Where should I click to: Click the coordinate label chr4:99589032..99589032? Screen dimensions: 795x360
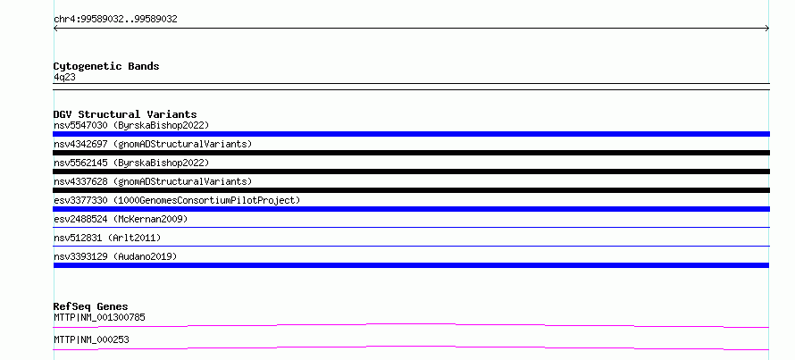(x=115, y=20)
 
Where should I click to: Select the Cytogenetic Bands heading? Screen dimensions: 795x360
(x=106, y=66)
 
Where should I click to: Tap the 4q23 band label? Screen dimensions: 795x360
(x=65, y=78)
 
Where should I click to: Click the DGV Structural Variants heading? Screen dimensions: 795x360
(x=125, y=114)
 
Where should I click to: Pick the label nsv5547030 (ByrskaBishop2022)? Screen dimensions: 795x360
(x=131, y=125)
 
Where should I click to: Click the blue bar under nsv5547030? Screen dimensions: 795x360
(x=411, y=134)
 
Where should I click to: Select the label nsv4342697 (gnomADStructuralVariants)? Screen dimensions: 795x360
(x=153, y=144)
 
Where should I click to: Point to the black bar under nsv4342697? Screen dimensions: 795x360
(x=411, y=153)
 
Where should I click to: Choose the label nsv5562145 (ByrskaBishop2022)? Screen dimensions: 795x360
(x=131, y=163)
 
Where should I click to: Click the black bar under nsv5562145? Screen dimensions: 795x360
(x=411, y=172)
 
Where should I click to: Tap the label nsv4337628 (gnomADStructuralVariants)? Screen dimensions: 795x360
(x=153, y=181)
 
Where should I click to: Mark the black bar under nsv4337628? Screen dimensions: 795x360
(x=411, y=190)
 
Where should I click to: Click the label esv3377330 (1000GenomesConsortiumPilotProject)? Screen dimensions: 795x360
(x=177, y=200)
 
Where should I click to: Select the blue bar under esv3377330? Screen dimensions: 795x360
(x=411, y=209)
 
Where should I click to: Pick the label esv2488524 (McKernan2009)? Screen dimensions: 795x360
(x=121, y=219)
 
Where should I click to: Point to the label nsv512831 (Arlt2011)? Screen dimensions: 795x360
(x=107, y=238)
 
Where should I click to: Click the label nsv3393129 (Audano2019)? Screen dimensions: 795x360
(x=115, y=256)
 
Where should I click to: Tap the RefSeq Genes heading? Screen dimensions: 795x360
(x=91, y=306)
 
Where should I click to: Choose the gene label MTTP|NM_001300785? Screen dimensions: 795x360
(x=99, y=318)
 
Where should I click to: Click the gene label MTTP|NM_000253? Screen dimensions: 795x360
(x=91, y=339)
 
